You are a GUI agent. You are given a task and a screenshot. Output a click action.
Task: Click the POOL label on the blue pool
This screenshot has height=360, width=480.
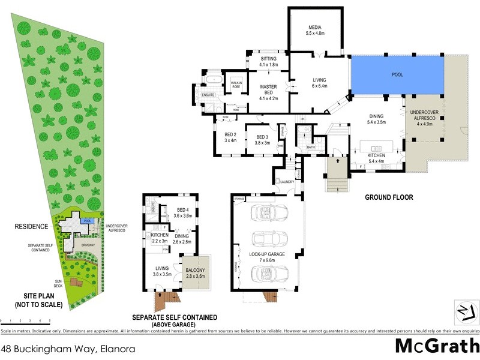(x=397, y=75)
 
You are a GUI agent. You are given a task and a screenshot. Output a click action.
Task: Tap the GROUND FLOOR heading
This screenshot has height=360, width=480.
(x=389, y=197)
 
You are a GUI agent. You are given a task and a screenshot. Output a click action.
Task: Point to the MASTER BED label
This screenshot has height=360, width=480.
(x=268, y=90)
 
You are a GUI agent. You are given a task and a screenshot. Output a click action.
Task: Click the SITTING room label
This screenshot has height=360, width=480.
(x=268, y=61)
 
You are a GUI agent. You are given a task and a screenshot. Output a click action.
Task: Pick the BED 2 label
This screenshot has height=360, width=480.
(x=230, y=137)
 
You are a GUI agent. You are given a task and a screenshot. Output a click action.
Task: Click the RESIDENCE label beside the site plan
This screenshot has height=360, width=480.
(x=32, y=227)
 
